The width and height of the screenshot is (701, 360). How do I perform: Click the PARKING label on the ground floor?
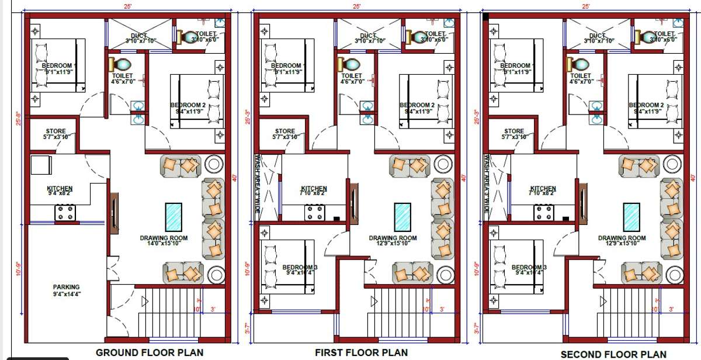[66, 287]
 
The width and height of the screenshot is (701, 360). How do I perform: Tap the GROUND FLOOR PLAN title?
[150, 352]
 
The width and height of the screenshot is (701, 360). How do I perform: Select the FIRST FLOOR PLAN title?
[361, 352]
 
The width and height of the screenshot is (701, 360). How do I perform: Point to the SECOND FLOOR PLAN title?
[613, 354]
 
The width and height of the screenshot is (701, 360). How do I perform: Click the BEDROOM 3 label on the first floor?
[300, 267]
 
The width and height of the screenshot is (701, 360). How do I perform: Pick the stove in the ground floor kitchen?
[64, 213]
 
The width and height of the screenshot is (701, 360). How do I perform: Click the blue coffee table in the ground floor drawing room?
[173, 216]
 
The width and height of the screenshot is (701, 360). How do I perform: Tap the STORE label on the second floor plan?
[514, 131]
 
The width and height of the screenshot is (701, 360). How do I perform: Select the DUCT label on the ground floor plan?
[139, 36]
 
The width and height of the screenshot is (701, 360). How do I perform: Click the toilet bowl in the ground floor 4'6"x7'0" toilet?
[123, 64]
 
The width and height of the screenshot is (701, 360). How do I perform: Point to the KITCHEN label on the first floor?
[314, 189]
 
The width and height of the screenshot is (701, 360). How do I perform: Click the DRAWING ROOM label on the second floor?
[622, 238]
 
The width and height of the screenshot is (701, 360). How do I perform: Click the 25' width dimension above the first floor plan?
[356, 6]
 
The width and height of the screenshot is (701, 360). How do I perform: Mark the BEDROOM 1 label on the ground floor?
[60, 65]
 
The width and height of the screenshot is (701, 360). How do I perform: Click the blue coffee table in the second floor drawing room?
[631, 216]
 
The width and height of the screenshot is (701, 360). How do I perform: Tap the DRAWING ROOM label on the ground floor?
[164, 238]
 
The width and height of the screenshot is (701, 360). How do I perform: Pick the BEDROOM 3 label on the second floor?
[529, 267]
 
